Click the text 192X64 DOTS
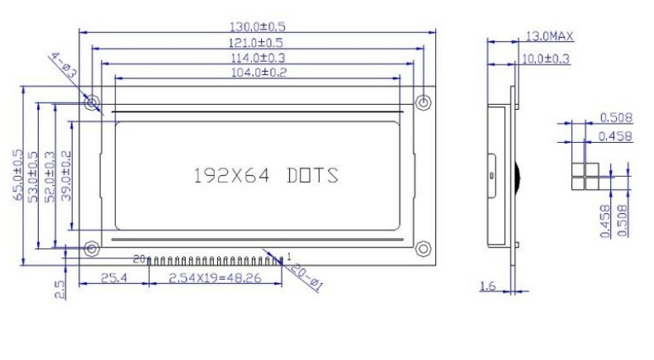coord(265,176)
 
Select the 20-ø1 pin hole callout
coord(307,277)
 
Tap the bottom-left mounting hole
coord(92,248)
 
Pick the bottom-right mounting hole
coord(424,248)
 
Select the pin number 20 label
coord(138,259)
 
